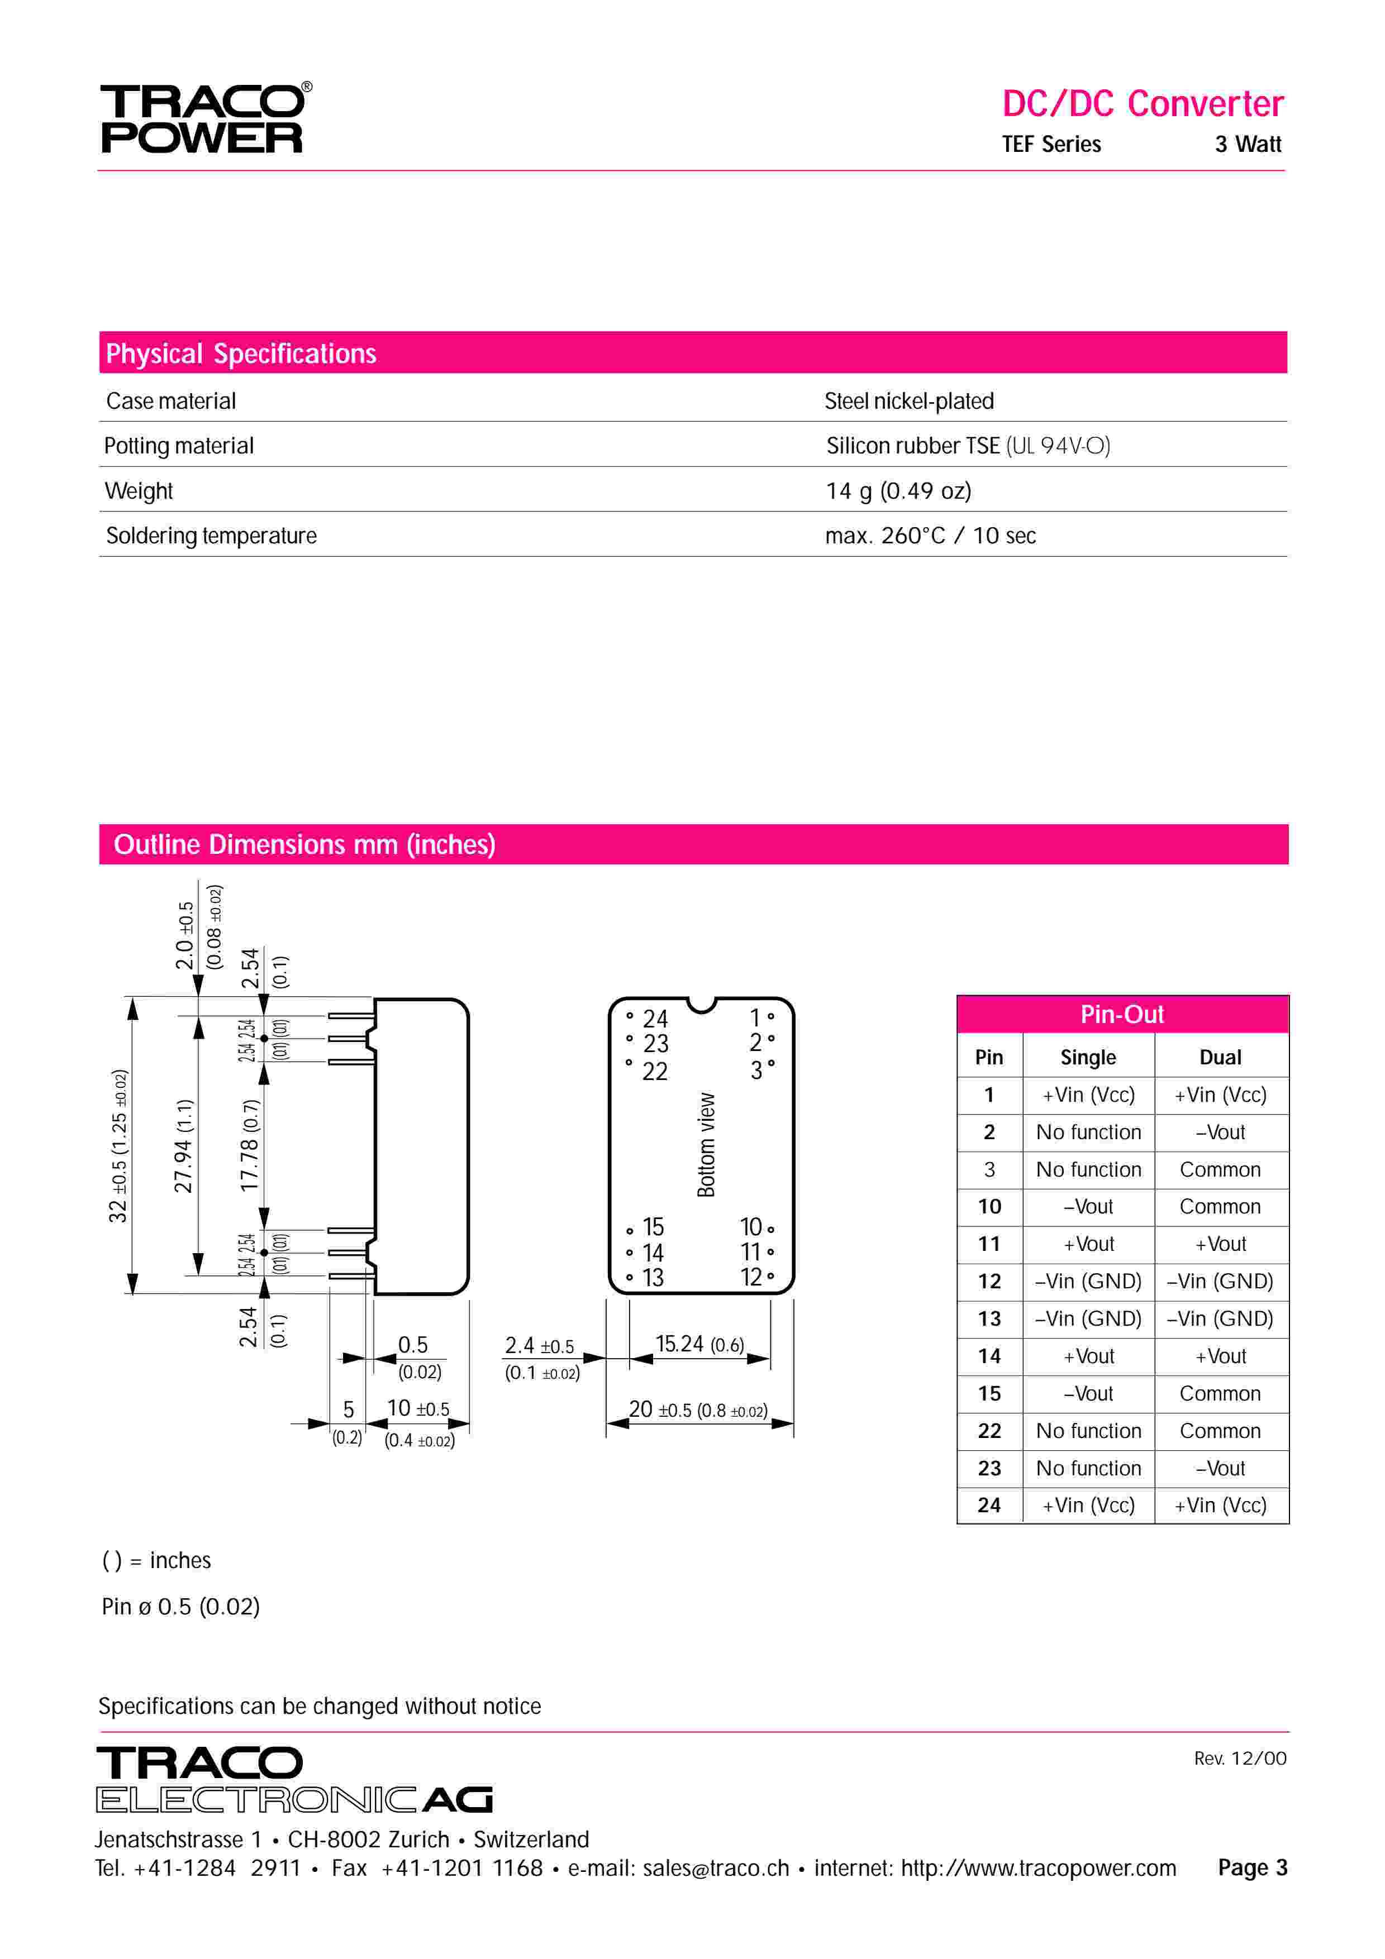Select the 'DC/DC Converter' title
click(x=1142, y=104)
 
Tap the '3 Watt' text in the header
click(x=1248, y=144)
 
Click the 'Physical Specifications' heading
click(x=241, y=353)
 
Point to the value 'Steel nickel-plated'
click(x=909, y=401)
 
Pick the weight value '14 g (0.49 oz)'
click(x=898, y=491)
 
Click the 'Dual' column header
click(x=1220, y=1058)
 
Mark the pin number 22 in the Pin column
click(x=989, y=1431)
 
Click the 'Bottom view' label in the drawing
click(x=706, y=1145)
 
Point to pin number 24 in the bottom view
click(x=655, y=1019)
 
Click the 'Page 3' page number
click(x=1252, y=1868)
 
